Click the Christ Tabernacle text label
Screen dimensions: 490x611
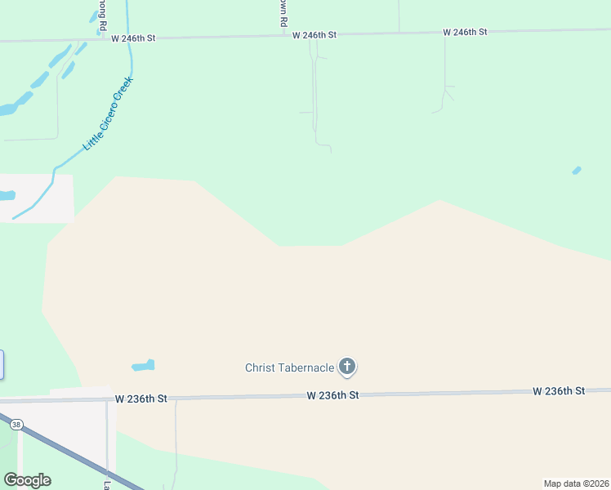(289, 367)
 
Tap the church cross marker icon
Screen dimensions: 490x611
(347, 367)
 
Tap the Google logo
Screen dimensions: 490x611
(27, 480)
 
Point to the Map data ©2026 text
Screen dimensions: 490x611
(576, 483)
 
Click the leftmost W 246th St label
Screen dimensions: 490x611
(133, 38)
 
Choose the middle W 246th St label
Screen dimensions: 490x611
(314, 35)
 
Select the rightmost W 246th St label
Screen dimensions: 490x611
(465, 32)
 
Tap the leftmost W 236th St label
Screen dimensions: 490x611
(140, 399)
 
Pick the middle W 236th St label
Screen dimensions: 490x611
(332, 395)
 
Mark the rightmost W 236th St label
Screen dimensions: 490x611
(559, 391)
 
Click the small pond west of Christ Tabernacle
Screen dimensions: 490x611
(143, 365)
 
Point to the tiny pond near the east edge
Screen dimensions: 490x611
(576, 171)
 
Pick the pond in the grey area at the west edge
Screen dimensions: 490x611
(7, 196)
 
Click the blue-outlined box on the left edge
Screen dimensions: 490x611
(2, 364)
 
